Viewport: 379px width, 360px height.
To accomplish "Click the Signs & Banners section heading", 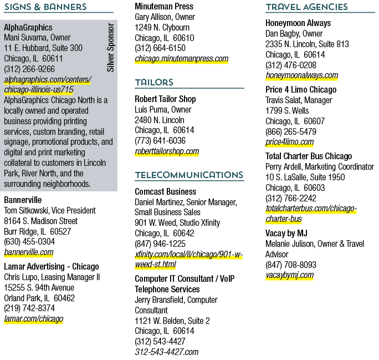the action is pos(45,7).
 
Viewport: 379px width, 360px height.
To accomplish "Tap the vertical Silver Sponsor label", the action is pos(110,47).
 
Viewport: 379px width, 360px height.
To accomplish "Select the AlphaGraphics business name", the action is pos(28,27).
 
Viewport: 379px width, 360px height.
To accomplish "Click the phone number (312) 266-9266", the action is pos(29,69).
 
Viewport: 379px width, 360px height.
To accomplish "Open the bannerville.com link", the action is pos(28,252).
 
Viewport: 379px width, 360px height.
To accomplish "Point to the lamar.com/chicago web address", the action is pos(34,318).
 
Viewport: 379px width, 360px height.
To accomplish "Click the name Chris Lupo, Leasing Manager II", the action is pos(52,277).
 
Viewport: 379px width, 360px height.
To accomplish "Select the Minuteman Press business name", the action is pos(164,6).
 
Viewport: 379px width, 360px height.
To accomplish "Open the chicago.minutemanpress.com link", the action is pos(182,59).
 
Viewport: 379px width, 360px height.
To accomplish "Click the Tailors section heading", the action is pos(154,82).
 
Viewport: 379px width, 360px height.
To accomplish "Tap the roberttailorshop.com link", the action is pos(167,151).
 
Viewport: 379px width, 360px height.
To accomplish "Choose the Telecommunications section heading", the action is pos(189,175).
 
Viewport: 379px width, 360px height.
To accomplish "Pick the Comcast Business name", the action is pos(166,191).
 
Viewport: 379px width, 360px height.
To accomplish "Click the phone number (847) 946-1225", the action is pos(160,244).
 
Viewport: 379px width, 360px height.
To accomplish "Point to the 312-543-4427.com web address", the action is pos(167,352).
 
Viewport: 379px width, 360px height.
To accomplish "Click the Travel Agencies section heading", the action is pos(307,7).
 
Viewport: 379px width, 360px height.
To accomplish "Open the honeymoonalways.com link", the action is pos(301,75).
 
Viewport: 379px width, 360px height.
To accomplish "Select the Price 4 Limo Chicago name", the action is pos(301,90).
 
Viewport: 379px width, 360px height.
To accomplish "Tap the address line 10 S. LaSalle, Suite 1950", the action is pos(305,178).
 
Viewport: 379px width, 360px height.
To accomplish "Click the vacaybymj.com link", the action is pos(290,275).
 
